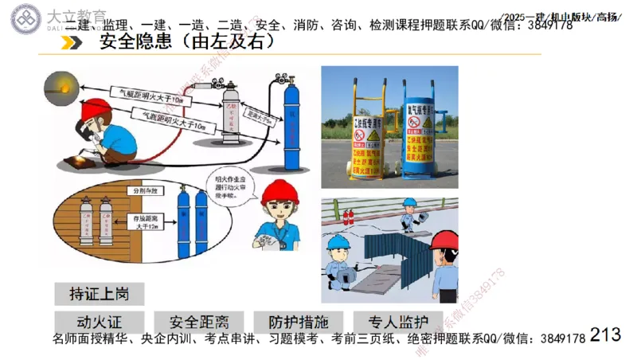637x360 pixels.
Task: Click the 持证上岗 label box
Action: [100, 293]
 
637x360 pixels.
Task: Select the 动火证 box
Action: [100, 323]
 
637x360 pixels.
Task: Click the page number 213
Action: [606, 335]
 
